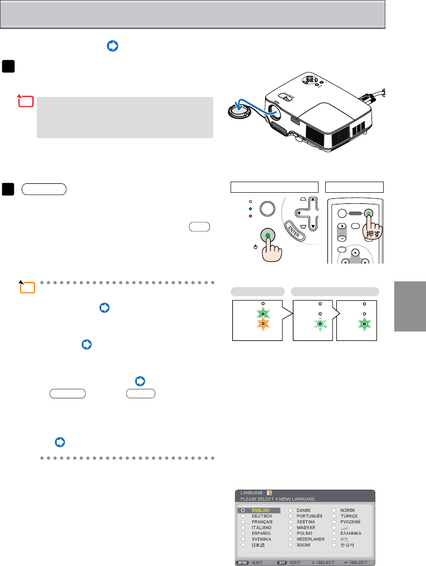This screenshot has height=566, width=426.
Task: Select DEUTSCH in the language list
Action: tap(262, 516)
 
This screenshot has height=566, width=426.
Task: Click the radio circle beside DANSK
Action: tap(291, 510)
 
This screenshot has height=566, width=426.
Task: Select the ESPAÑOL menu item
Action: tap(262, 533)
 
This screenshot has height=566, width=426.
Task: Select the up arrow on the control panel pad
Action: tap(313, 202)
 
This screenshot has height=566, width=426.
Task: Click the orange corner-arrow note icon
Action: tap(26, 287)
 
